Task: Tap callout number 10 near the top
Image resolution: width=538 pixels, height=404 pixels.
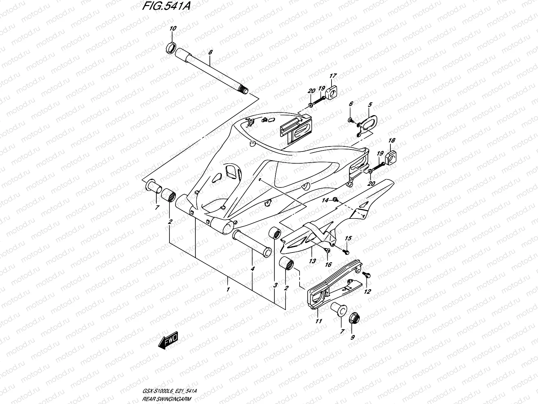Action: click(x=172, y=29)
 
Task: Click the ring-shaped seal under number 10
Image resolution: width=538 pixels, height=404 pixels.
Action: click(x=171, y=48)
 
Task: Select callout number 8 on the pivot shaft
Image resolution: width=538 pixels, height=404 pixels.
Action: click(x=210, y=53)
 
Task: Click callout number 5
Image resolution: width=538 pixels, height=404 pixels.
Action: click(x=370, y=105)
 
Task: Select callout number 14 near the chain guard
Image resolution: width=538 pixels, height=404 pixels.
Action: click(x=325, y=201)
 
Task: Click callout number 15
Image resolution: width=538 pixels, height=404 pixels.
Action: click(x=348, y=238)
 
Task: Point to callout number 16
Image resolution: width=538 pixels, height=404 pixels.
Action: click(x=328, y=265)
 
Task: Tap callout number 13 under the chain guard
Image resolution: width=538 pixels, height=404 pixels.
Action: click(x=312, y=261)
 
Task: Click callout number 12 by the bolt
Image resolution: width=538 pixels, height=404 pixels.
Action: click(x=367, y=292)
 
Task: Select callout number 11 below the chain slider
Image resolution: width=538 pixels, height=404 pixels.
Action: click(x=318, y=321)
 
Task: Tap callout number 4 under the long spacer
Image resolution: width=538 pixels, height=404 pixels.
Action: click(x=253, y=269)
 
